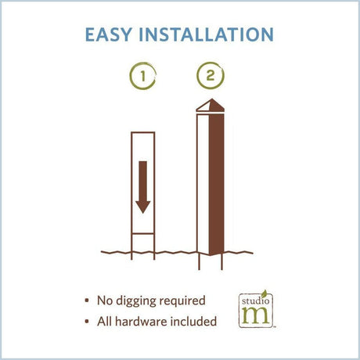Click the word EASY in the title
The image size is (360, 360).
click(108, 34)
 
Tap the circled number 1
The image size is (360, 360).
click(142, 76)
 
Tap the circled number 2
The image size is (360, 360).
click(211, 76)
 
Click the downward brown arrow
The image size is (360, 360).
click(143, 187)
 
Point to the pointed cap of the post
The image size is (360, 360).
click(211, 105)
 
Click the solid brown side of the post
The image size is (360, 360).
click(217, 184)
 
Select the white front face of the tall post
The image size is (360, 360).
click(203, 183)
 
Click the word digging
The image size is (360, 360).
click(135, 301)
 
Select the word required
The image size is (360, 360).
click(182, 301)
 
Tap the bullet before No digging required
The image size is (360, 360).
click(87, 301)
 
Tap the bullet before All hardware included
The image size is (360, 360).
click(87, 322)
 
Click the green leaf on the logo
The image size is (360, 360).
click(265, 293)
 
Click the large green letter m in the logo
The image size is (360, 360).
click(256, 315)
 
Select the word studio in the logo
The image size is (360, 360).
click(255, 301)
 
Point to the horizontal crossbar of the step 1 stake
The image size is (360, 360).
click(143, 233)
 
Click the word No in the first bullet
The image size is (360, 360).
click(105, 301)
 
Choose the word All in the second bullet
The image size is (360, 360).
click(104, 322)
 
